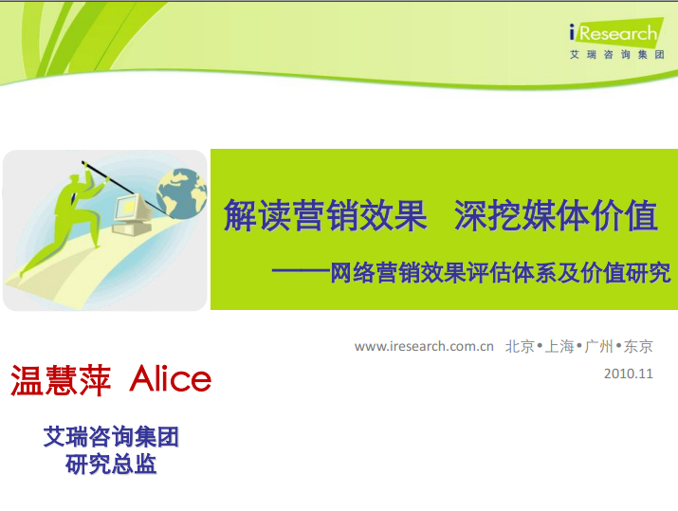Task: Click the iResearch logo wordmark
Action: [x=614, y=32]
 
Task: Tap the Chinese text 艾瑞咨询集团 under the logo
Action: [x=617, y=54]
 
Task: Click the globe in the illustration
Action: [x=182, y=193]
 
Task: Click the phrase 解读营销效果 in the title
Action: [x=325, y=216]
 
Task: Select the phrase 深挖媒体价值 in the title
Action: [x=556, y=216]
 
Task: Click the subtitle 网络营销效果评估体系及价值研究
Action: [x=501, y=273]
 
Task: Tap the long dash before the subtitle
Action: [x=301, y=271]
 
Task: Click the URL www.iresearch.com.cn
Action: [x=424, y=346]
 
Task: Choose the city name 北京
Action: [x=521, y=346]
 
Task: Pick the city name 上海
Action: [x=559, y=346]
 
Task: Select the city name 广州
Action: [x=599, y=346]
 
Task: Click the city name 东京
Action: [x=638, y=346]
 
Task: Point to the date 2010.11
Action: [x=629, y=374]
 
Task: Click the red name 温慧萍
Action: [x=61, y=380]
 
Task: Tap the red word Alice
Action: [x=171, y=378]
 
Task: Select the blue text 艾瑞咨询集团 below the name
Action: [x=111, y=437]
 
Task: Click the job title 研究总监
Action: [x=111, y=465]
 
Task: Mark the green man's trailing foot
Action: [x=23, y=272]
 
